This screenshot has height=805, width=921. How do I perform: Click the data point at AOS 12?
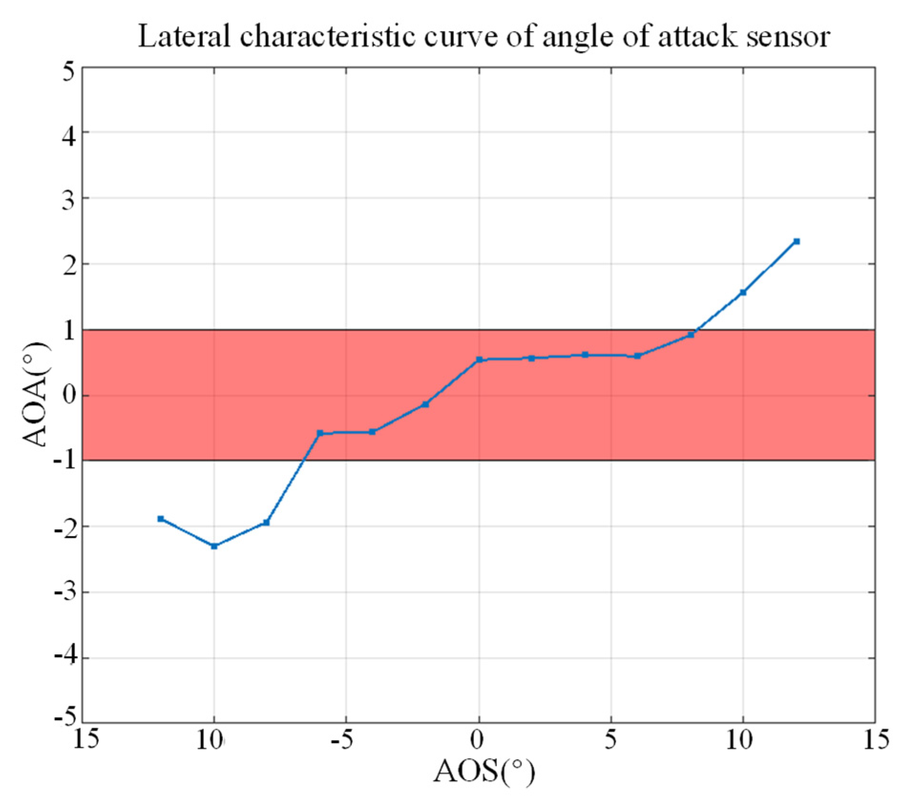tap(796, 241)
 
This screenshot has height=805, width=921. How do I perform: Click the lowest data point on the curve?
tap(214, 546)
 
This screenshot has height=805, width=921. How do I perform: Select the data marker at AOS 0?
tap(479, 360)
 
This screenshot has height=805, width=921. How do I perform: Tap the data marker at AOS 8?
tap(691, 335)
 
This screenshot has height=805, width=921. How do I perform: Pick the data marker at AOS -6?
tap(320, 433)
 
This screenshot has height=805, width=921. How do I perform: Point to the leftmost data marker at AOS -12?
tap(161, 519)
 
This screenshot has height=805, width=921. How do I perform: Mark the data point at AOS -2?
tap(426, 404)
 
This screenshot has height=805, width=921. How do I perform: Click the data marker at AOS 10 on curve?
tap(743, 292)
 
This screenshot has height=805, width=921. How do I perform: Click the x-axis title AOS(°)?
tap(484, 772)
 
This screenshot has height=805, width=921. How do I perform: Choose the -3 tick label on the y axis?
tap(65, 592)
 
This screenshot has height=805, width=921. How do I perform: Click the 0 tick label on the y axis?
tap(69, 395)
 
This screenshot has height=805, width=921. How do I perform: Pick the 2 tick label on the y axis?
tap(69, 264)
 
